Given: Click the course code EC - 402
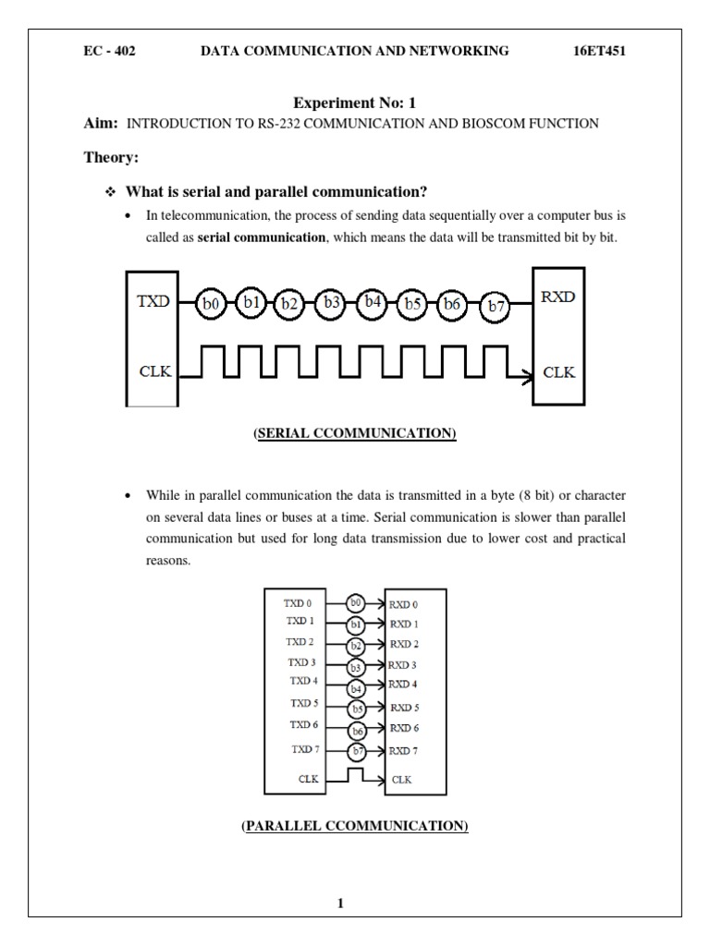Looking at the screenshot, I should coord(109,51).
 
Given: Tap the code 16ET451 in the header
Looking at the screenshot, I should coord(601,51).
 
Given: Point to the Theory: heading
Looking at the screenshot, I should coord(111,158).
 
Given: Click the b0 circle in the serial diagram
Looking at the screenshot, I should coord(210,303).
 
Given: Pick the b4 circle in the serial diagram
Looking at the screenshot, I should coord(373,301).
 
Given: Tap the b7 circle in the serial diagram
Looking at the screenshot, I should coord(496,306).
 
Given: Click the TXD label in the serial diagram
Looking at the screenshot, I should coord(153,301).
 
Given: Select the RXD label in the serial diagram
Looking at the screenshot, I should coord(558,297).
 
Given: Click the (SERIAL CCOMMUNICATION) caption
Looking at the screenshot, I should coord(355,433).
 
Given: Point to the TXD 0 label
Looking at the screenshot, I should coord(299,601).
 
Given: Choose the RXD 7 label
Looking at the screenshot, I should coord(404,750).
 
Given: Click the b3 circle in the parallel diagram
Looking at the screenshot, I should coord(356,666).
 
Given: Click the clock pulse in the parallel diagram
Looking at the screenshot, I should coord(356,773).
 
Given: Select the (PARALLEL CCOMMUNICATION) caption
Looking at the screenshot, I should coord(355,824).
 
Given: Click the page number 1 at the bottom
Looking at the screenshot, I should coord(340,904).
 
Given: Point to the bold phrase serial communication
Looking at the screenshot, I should coord(263,237).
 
